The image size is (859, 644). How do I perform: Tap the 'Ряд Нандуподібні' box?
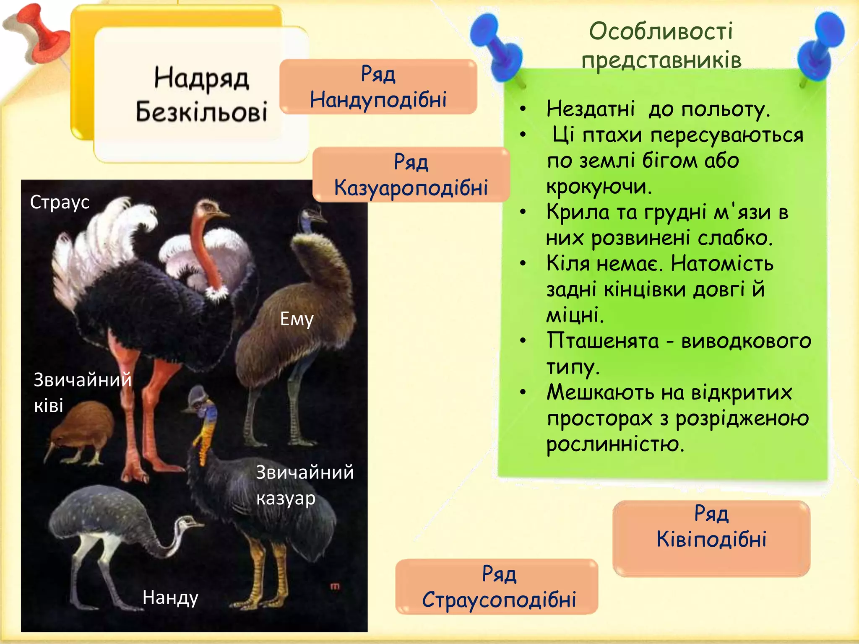(378, 87)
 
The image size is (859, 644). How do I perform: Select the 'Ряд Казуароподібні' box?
(411, 174)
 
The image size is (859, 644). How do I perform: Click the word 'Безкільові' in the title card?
(201, 112)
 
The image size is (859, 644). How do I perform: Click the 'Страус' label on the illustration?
(60, 203)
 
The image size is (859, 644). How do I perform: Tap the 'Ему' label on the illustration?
(297, 319)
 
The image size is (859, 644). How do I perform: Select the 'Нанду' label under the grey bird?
(170, 597)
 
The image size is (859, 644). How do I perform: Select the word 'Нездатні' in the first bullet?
(591, 109)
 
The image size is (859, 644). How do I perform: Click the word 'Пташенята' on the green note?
(603, 340)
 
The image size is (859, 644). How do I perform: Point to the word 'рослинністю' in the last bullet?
(615, 444)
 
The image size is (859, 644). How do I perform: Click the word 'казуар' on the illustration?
(286, 499)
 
